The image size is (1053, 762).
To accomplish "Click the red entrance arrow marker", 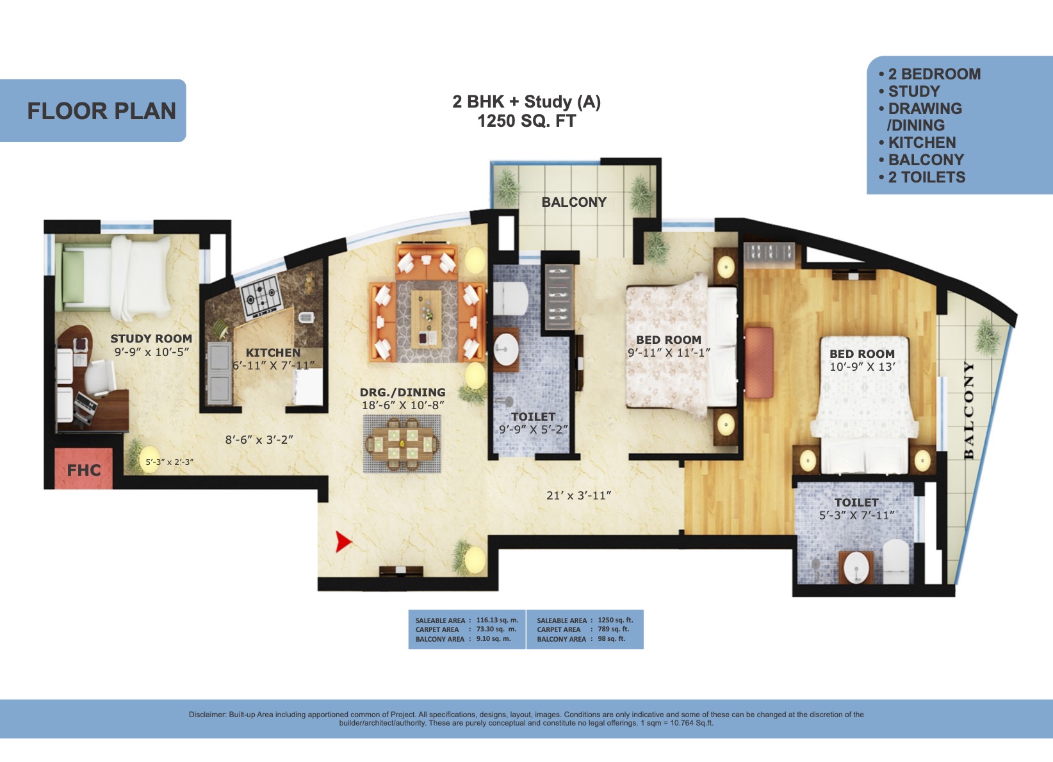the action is (x=343, y=542).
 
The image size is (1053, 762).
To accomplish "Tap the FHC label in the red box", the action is (x=84, y=470).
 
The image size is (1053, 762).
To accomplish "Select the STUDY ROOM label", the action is (x=151, y=339).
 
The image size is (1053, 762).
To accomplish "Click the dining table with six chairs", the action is (x=402, y=443).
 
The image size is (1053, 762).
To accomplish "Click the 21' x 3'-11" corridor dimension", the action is (x=578, y=495).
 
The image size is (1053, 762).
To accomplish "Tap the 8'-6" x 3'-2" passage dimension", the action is (x=259, y=439).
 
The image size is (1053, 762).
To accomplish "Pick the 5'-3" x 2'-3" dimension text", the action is (x=169, y=462).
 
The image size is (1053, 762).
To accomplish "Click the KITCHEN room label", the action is (x=273, y=353).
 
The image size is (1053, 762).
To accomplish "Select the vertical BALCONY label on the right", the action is (x=968, y=410).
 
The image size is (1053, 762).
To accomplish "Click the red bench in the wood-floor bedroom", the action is (x=759, y=363).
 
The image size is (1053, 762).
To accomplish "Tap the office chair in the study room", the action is (x=100, y=375).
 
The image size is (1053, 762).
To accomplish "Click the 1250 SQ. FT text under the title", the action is (x=526, y=121).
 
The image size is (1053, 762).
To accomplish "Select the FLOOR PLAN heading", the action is (x=102, y=111).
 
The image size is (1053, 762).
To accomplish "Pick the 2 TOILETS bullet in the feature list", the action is (x=922, y=177).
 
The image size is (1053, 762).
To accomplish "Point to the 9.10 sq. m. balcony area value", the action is (x=494, y=639).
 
